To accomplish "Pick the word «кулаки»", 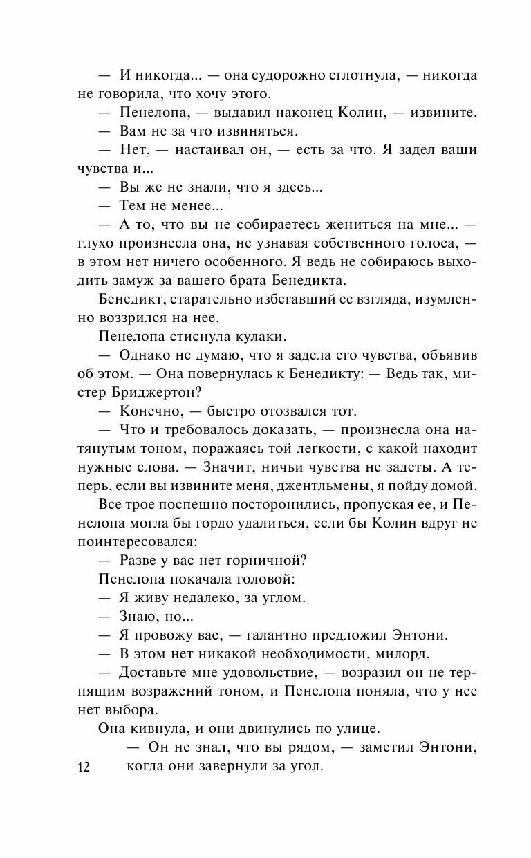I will point(252,336).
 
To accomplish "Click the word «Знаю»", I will point(138,616).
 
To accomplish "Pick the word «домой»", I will point(454,485).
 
